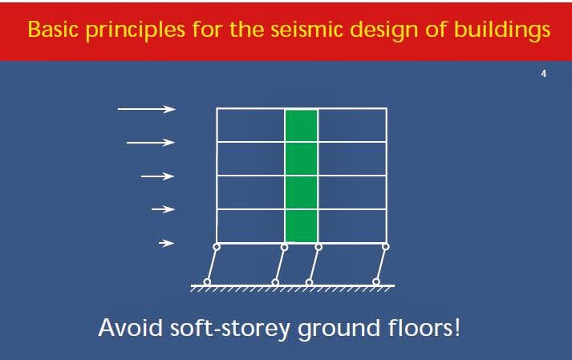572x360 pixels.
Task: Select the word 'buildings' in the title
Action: (x=509, y=30)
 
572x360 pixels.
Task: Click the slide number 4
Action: (x=544, y=75)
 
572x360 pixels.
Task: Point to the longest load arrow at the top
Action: (x=146, y=109)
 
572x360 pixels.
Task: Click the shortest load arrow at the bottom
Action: (x=166, y=243)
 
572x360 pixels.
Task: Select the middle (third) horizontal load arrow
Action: (x=158, y=176)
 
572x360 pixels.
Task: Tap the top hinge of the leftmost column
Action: (x=217, y=247)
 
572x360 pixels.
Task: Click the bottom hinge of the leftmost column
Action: (x=206, y=281)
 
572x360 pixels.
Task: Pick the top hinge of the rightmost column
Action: (x=386, y=247)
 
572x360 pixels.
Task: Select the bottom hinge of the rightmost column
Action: (x=375, y=281)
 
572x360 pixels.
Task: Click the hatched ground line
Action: (x=293, y=287)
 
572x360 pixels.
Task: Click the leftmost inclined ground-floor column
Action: (x=212, y=265)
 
